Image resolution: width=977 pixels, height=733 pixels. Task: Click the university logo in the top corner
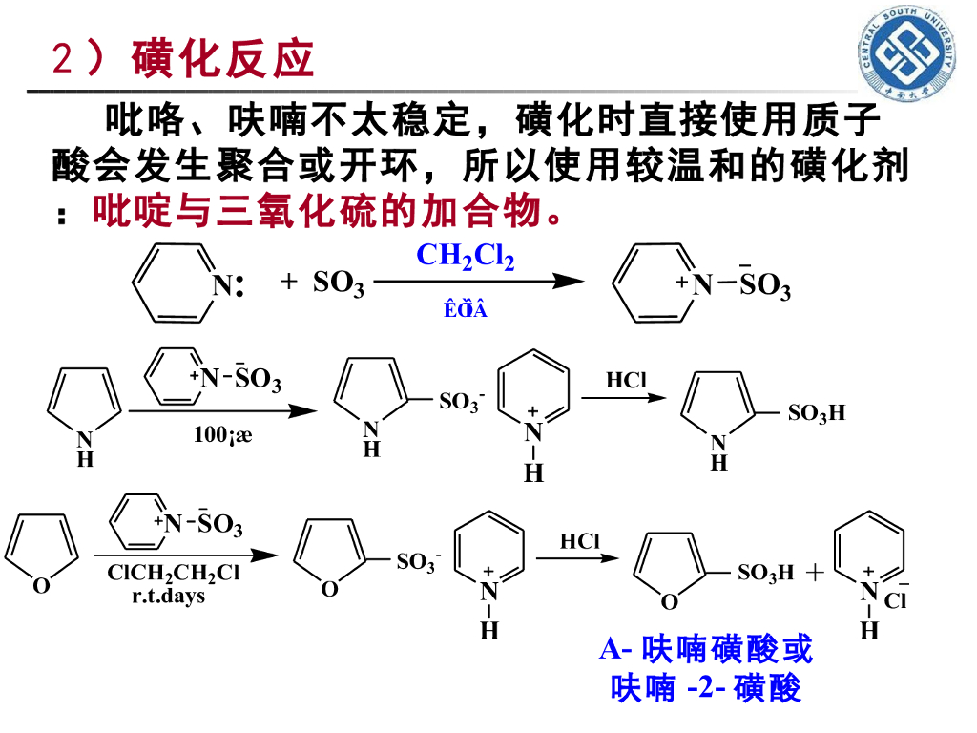click(x=909, y=54)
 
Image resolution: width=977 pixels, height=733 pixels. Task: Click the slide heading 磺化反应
click(x=224, y=59)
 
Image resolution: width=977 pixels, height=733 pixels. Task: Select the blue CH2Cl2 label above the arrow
click(x=466, y=257)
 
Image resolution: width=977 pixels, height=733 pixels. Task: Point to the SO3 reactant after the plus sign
click(x=338, y=283)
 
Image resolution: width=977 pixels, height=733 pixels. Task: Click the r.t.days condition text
click(x=168, y=596)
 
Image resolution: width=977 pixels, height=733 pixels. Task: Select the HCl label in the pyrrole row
click(x=626, y=380)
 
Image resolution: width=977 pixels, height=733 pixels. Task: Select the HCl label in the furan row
click(x=579, y=541)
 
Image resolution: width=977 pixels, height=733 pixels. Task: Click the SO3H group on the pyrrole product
click(x=817, y=413)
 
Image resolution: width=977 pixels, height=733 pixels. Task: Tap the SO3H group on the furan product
click(x=765, y=573)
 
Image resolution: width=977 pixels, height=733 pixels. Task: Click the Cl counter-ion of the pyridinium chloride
click(x=895, y=600)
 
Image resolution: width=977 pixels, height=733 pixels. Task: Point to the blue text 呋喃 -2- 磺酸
click(x=706, y=688)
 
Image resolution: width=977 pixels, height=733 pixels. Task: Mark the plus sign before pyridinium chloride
click(x=814, y=573)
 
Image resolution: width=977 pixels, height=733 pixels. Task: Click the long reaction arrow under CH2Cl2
click(x=477, y=282)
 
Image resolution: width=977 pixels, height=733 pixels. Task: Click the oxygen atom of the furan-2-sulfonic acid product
click(x=670, y=601)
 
